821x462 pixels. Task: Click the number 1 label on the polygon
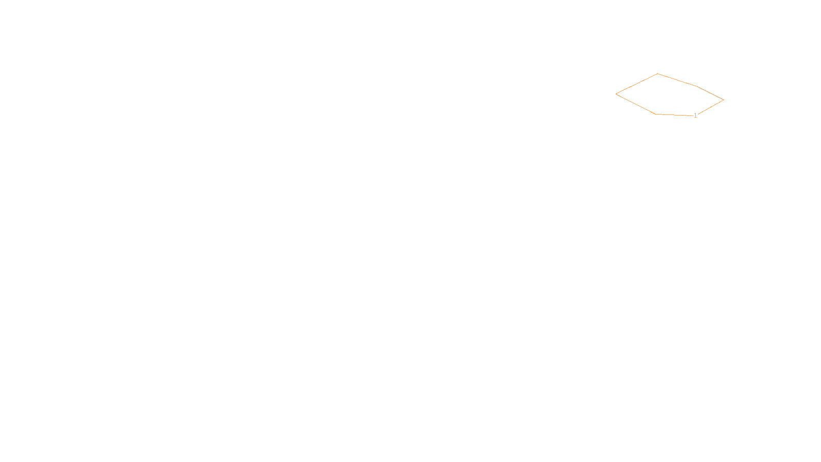click(x=695, y=115)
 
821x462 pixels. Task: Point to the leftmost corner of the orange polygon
click(x=616, y=94)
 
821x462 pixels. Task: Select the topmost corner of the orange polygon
click(x=658, y=74)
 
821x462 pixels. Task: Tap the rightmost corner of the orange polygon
click(x=724, y=100)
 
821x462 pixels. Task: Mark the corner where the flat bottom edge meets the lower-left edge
click(x=656, y=114)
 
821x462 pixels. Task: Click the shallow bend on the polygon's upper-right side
click(x=697, y=86)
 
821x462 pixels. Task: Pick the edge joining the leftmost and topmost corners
click(x=637, y=84)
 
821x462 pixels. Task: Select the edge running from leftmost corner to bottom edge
click(x=636, y=104)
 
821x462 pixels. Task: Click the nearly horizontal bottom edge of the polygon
click(x=674, y=115)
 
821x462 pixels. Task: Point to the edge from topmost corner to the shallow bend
click(x=677, y=80)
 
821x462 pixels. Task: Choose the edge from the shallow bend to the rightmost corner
click(x=710, y=93)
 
